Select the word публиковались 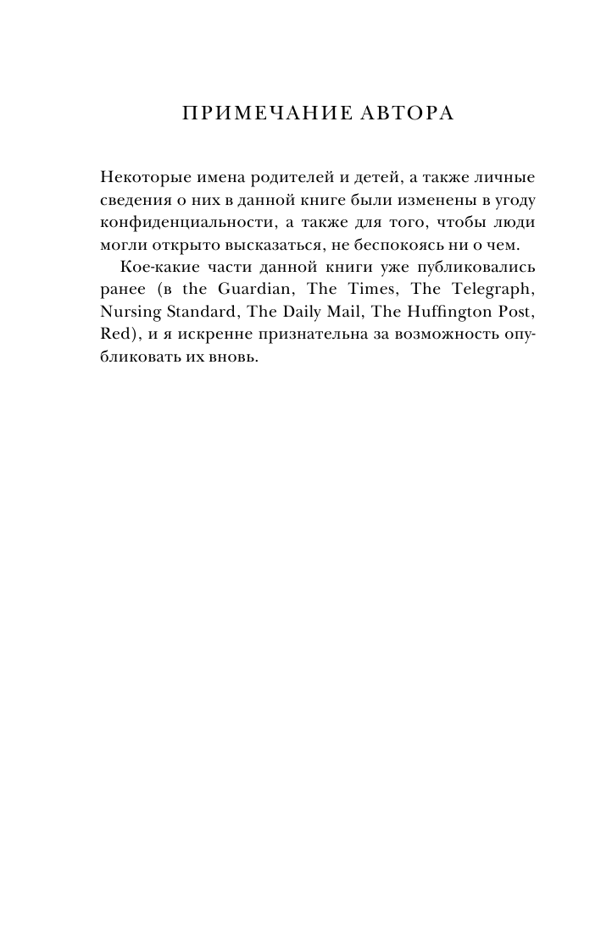[x=463, y=266]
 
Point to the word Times [x=369, y=288]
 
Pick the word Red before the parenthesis [x=113, y=332]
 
